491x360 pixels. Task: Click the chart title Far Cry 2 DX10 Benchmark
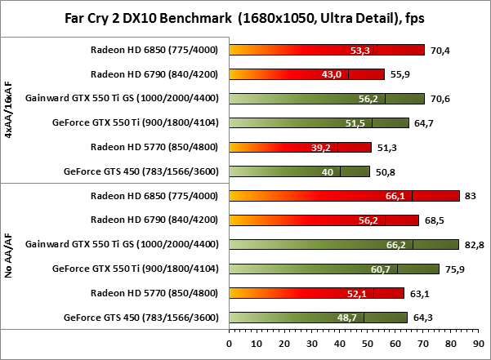245,18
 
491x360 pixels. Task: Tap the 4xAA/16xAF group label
9,110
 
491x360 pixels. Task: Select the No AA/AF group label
9,256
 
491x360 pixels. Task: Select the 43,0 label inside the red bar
331,74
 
